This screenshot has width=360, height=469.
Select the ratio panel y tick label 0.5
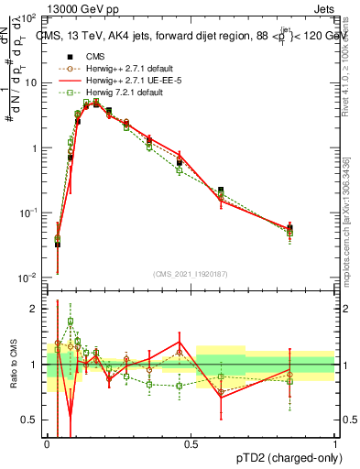point(32,420)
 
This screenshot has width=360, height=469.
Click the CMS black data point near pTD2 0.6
point(221,191)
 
